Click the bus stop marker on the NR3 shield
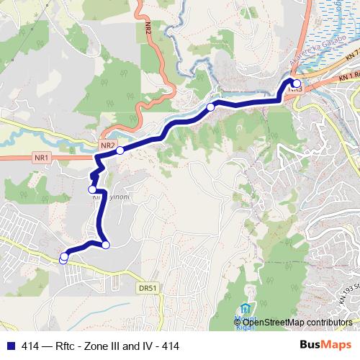click(x=296, y=84)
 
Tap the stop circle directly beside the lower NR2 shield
click(x=120, y=150)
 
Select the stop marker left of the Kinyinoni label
click(x=92, y=189)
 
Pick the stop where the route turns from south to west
click(x=105, y=245)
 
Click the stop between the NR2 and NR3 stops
click(x=210, y=107)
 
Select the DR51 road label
click(x=146, y=287)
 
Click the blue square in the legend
click(x=9, y=346)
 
